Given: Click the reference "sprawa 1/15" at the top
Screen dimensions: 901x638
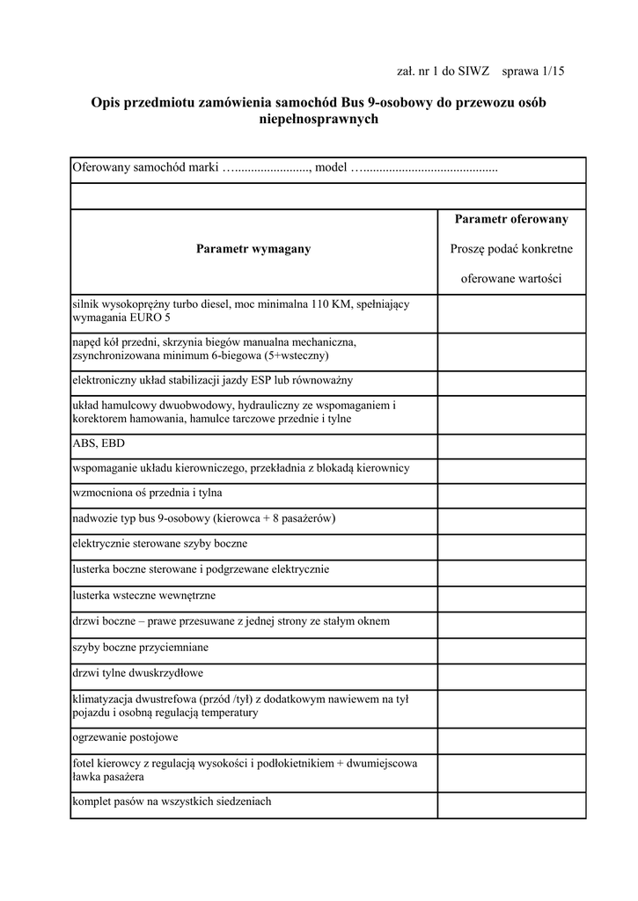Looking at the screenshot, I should [x=532, y=70].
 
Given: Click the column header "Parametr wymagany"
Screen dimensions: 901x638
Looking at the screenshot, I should [x=253, y=249].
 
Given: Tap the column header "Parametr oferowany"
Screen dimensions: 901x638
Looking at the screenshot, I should [x=511, y=219].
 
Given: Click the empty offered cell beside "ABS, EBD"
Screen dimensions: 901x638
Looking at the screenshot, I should [x=511, y=444].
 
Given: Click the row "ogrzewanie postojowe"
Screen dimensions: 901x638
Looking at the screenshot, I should [x=126, y=736].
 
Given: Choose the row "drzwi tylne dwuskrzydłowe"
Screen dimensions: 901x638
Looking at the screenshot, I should [x=138, y=673].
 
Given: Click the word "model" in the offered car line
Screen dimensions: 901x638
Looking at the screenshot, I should [x=331, y=167].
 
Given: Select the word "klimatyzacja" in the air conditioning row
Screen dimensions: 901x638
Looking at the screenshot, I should [x=102, y=699].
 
